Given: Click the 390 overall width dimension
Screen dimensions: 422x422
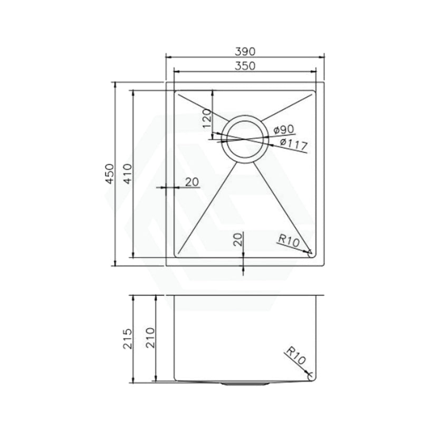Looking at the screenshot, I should pyautogui.click(x=245, y=51).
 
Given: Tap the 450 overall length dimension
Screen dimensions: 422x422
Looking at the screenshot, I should pyautogui.click(x=110, y=174).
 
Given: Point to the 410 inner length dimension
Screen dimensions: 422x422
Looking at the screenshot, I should pyautogui.click(x=127, y=174).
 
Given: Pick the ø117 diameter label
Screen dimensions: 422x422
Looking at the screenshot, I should pyautogui.click(x=294, y=145).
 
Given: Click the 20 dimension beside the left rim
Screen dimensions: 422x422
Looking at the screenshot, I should pyautogui.click(x=192, y=182).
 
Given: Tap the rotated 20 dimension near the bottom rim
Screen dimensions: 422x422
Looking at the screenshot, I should pyautogui.click(x=238, y=240).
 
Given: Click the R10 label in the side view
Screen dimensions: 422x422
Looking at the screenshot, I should pyautogui.click(x=295, y=357).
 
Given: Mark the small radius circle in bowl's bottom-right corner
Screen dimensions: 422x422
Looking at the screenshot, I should pyautogui.click(x=311, y=253).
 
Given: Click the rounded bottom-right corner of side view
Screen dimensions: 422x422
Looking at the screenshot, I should pyautogui.click(x=311, y=376).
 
